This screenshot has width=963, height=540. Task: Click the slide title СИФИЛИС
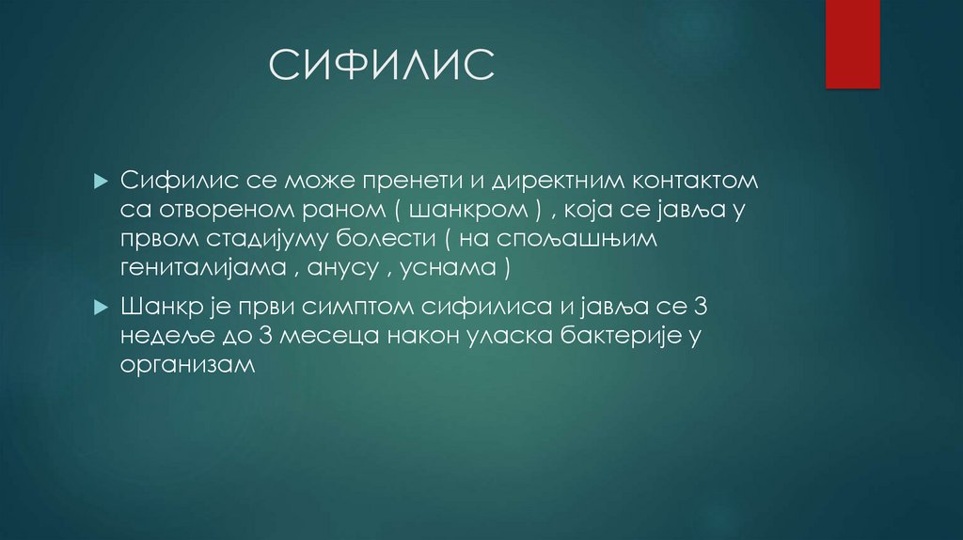pyautogui.click(x=381, y=66)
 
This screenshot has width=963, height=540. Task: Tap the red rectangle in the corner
pyautogui.click(x=852, y=43)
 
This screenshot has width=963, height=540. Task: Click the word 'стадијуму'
pyautogui.click(x=265, y=239)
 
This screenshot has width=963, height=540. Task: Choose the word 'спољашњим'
pyautogui.click(x=596, y=239)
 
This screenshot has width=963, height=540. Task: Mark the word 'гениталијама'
pyautogui.click(x=205, y=269)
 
